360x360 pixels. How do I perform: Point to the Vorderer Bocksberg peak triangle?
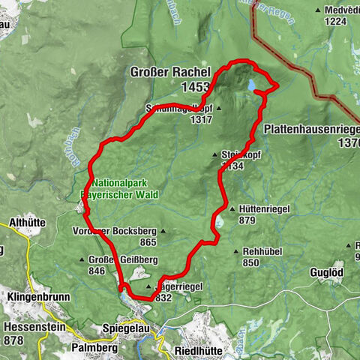(163, 231)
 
